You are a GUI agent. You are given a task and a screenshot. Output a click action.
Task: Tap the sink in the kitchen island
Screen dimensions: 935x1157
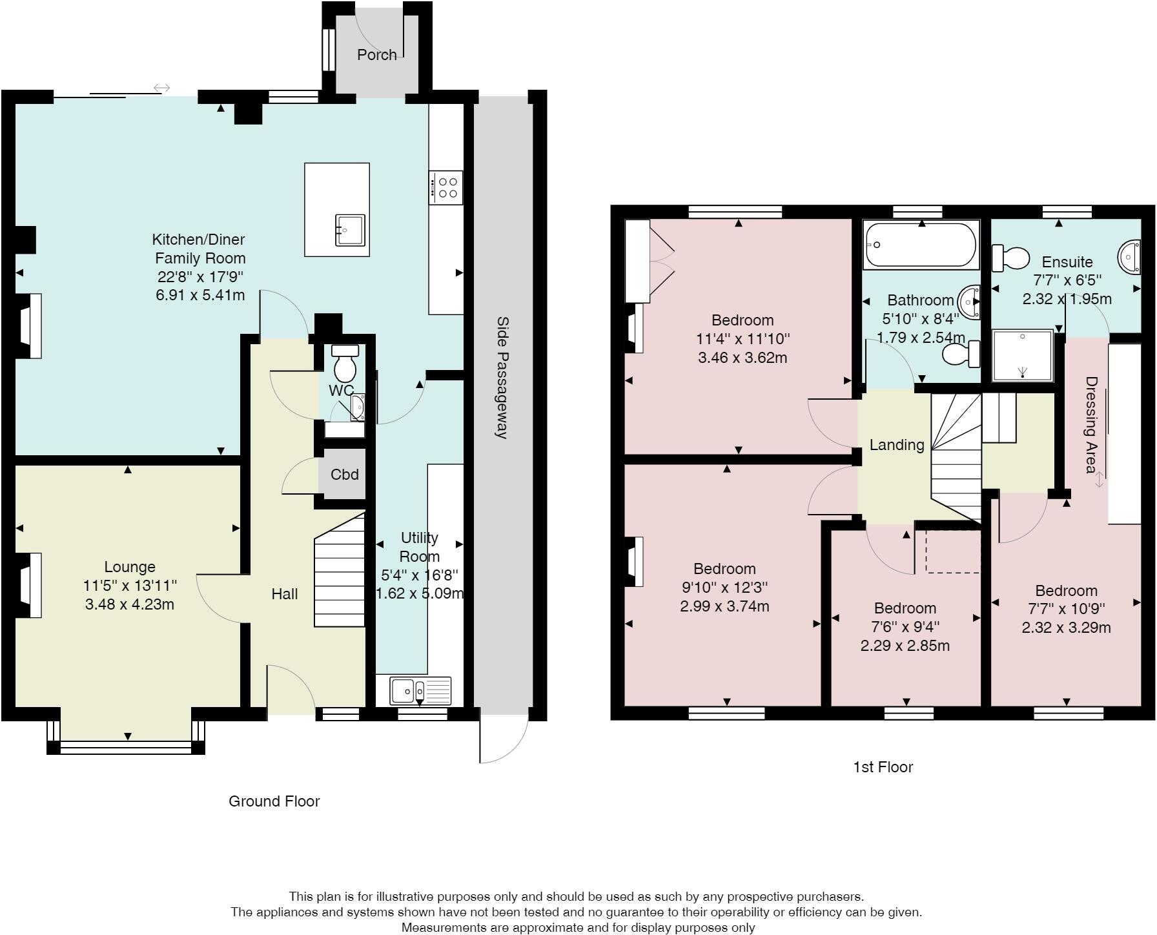[351, 231]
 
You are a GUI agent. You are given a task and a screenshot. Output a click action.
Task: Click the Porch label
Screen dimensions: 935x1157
[376, 55]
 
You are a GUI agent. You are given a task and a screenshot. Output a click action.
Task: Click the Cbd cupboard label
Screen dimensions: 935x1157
[344, 475]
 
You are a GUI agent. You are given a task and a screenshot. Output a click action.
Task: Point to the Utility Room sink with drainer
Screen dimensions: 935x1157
[420, 691]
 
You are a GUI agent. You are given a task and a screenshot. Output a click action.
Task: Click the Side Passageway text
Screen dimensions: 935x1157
[502, 377]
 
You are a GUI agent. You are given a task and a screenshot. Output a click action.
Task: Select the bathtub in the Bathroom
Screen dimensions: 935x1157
[921, 245]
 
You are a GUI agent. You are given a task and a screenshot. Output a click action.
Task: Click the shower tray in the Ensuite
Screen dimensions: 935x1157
[1023, 355]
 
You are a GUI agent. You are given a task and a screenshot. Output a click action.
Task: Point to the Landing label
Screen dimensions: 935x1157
[896, 445]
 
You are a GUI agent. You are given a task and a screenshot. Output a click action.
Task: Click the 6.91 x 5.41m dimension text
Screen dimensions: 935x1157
[200, 296]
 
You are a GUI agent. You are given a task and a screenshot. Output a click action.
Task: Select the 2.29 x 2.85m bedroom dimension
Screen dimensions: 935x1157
[905, 646]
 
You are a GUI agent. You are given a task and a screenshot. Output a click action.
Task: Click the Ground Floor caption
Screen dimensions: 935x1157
[274, 801]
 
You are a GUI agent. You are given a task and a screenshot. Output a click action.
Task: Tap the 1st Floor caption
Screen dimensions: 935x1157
[883, 767]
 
